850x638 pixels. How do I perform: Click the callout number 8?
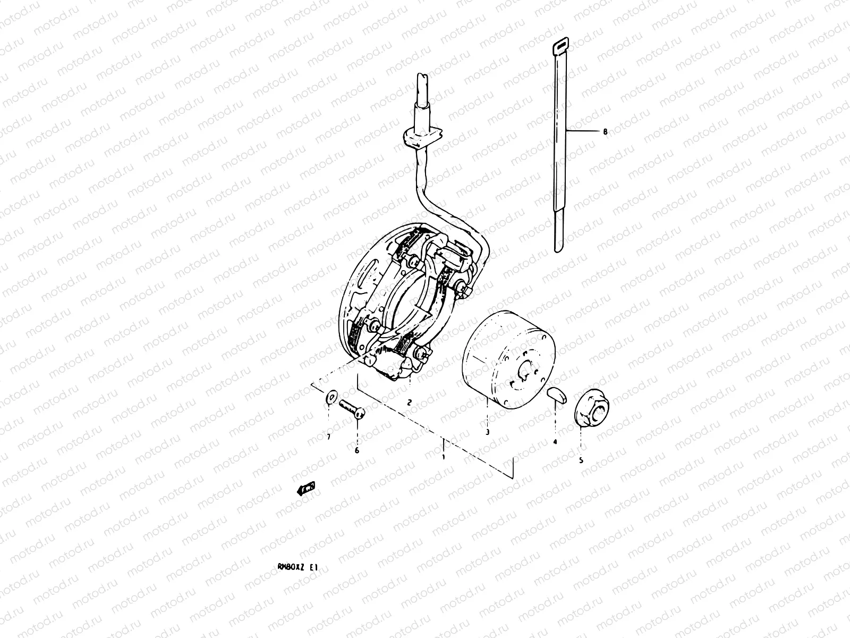coord(605,131)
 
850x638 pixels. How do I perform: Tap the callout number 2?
coord(409,402)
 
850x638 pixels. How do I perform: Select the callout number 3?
coord(487,432)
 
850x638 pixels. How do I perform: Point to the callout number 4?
coord(555,441)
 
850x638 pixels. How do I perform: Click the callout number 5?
coord(581,460)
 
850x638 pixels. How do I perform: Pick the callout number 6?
coord(357,450)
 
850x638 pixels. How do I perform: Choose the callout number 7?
coord(329,437)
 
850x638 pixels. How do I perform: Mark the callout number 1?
coord(444,456)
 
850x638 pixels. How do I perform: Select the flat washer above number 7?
coord(331,397)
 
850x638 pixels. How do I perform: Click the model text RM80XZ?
coord(286,552)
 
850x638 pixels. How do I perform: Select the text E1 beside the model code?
coord(313,552)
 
